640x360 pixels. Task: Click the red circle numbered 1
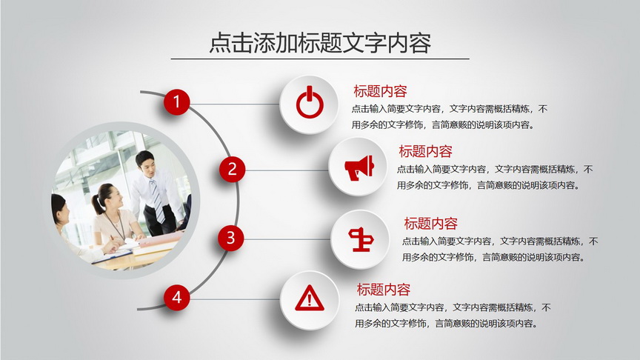pos(177,101)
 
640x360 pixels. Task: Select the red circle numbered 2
pos(233,169)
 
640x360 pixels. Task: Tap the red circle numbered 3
pos(230,238)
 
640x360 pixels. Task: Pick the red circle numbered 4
pos(177,297)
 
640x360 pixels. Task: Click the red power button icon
pos(310,102)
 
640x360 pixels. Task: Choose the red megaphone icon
pos(359,167)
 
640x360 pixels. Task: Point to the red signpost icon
pos(361,239)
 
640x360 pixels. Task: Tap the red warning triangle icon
pos(310,298)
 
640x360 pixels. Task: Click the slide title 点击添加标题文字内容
pos(320,42)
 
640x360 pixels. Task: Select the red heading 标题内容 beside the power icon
pos(380,91)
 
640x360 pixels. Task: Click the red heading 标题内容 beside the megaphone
pos(425,151)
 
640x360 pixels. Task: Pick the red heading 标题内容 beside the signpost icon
pos(430,223)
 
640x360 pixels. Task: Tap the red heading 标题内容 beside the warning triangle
pos(383,290)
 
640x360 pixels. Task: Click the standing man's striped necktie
pos(157,200)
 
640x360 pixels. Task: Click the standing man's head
pos(145,162)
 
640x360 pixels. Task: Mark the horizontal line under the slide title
pos(320,59)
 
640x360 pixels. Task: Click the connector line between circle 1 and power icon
pos(235,104)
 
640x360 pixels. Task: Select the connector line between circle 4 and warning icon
pos(235,299)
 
